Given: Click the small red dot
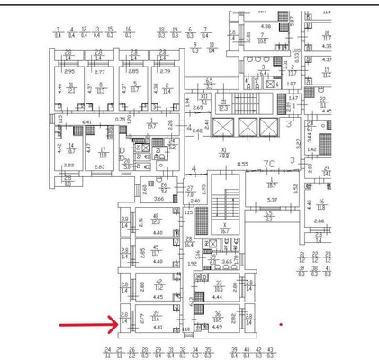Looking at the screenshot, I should tap(281, 324).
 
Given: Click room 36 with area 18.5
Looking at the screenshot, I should tap(217, 317).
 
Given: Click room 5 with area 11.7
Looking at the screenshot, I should tap(134, 88).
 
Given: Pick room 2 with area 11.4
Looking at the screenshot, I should tap(165, 88).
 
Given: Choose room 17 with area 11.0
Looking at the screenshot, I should tap(103, 151).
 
